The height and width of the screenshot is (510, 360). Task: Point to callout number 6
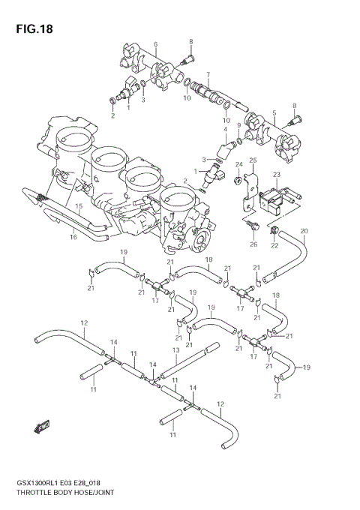155,44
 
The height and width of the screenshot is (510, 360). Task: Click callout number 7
207,75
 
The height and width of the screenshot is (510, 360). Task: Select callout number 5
274,112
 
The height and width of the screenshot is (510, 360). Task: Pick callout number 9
239,125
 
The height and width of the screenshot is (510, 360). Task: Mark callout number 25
253,160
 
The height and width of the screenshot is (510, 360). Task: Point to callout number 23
276,174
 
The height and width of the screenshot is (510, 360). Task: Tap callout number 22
274,244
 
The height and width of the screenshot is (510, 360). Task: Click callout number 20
304,230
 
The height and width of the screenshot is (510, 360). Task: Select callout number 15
78,205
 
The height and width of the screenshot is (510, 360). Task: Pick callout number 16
73,237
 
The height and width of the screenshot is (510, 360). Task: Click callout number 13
175,349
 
